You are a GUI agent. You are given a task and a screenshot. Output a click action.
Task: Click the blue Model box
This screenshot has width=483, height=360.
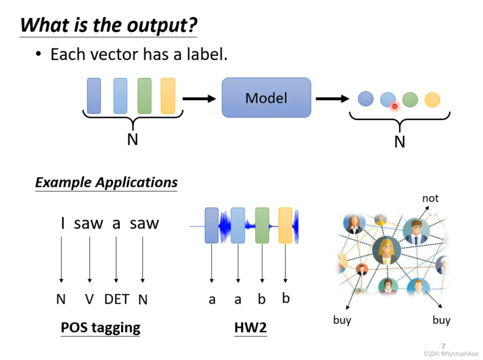point(266,98)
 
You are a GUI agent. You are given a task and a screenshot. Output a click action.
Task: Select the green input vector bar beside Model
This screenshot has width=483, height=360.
point(145,96)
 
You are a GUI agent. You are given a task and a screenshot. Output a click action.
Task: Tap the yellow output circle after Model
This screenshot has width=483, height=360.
point(432,100)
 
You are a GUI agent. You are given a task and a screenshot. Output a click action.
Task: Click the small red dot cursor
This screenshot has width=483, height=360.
point(395,106)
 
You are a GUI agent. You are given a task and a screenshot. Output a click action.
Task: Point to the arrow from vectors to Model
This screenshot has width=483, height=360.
point(199,99)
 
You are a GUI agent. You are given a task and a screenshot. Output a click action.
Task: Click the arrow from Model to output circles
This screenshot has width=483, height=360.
point(332,99)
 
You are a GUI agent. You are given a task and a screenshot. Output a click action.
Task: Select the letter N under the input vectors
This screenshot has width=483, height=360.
point(133,139)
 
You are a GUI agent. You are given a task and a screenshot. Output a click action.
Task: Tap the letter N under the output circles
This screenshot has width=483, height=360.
point(400,142)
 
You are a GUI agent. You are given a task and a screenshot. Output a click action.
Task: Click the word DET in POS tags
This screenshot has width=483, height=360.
point(117,299)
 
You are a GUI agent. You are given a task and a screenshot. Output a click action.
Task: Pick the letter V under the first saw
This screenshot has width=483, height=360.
point(89,299)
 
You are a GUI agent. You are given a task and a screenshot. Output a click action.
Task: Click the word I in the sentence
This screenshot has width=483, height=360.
point(63,223)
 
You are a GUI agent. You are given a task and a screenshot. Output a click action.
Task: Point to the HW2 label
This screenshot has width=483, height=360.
point(250,327)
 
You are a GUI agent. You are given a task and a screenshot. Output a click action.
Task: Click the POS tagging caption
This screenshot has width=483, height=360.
point(100,328)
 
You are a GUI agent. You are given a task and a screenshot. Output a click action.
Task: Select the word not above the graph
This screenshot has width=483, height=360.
point(430,198)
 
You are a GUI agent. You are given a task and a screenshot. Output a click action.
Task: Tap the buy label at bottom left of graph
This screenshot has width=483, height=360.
point(342,320)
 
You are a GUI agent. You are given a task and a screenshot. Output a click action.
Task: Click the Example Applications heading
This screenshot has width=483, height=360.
point(106,183)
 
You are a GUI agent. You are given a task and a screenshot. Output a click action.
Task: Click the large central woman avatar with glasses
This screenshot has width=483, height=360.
point(387,250)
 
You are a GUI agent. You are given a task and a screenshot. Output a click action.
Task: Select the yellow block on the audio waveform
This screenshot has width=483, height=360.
point(285,225)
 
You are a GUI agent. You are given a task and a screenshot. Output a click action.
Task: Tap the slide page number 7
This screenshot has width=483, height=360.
point(443,346)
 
